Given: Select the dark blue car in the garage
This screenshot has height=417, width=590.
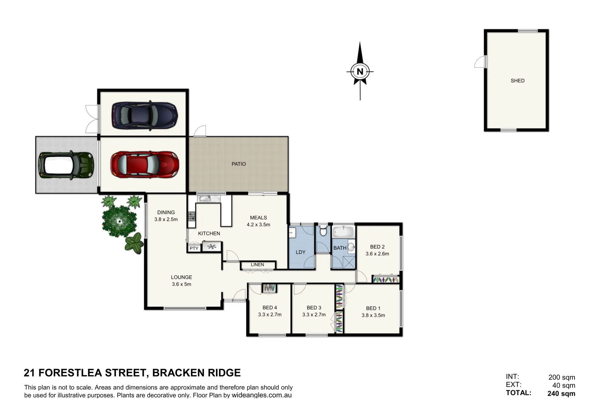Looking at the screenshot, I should coord(145,115).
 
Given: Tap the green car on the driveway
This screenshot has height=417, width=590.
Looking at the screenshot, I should coord(66,165).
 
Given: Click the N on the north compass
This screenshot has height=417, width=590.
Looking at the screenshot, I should coord(360,71).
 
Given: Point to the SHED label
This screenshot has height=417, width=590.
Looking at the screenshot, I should coord(517,81).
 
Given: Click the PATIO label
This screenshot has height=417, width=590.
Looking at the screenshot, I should coord(238,164).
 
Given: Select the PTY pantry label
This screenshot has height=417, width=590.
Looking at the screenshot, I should coord(194,248).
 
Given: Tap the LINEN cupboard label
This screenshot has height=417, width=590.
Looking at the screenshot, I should coord(257,265).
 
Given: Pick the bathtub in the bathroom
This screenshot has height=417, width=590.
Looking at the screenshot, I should coord(343,232).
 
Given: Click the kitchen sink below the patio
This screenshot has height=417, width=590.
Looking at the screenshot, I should coord(209,198).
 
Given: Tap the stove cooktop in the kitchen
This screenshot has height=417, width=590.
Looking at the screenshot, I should coord(191,216).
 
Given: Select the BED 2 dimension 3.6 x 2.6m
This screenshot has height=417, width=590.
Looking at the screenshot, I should coord(377,254).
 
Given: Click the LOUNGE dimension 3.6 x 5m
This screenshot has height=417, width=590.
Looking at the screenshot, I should coord(181,284).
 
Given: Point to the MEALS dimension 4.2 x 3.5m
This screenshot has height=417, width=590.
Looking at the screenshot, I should coord(258,225).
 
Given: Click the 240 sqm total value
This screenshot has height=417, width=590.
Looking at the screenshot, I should coord(561,394).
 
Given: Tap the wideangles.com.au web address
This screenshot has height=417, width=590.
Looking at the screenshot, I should coord(262,395).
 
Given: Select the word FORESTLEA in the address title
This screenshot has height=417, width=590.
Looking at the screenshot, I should coord(70,373).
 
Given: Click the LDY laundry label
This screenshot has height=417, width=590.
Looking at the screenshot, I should coord(301,252).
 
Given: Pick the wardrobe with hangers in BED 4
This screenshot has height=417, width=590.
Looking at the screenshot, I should coord(269,288).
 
